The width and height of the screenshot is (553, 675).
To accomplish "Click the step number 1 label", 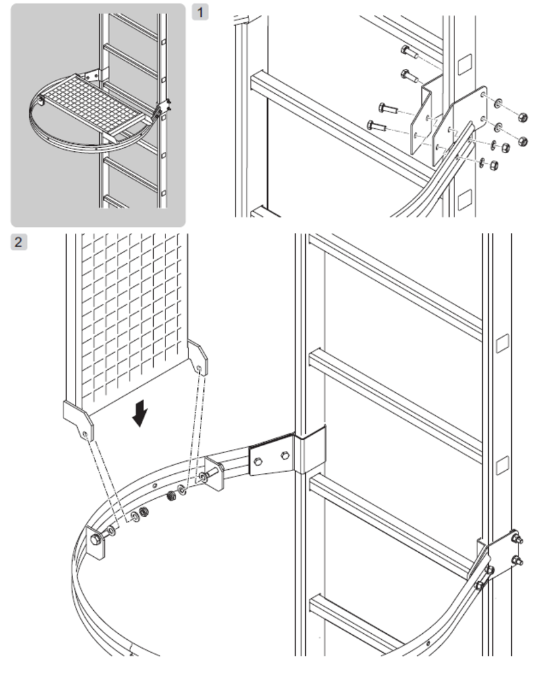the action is (x=200, y=11).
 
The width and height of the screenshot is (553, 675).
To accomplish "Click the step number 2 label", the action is (x=18, y=242).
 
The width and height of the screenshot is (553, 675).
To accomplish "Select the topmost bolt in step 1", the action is (x=410, y=52).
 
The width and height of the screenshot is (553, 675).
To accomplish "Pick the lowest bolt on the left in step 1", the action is (x=376, y=126).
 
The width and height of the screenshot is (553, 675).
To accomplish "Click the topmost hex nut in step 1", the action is (x=522, y=117).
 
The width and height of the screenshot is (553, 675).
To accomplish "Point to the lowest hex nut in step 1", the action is (x=494, y=165).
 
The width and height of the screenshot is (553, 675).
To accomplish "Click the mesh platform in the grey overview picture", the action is (x=93, y=105).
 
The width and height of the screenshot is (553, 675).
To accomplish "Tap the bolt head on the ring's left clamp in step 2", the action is (x=96, y=539).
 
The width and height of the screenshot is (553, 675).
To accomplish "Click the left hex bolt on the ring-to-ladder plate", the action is (x=258, y=462).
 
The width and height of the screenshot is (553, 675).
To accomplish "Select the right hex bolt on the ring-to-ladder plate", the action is (x=284, y=456).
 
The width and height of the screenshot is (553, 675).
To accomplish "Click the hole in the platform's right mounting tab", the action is (x=199, y=369).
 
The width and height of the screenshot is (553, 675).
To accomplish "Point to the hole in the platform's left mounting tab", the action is (x=86, y=434).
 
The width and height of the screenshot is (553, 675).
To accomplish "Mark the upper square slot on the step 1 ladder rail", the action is (x=466, y=65).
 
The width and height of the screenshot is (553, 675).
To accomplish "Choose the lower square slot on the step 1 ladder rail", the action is (x=465, y=200).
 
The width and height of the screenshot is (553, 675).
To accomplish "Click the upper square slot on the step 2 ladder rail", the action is (x=502, y=344).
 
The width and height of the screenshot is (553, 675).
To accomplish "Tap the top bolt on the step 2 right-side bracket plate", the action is (x=516, y=539).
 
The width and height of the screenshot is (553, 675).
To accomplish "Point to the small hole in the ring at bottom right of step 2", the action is (x=427, y=644).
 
